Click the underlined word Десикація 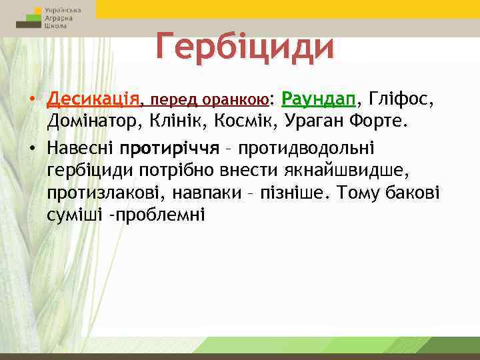tap(94, 100)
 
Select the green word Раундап tap(319, 100)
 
